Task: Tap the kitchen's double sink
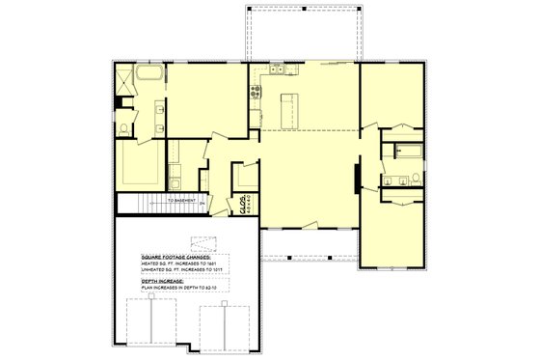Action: [x=277, y=69]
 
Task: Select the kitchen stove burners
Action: [x=256, y=93]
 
